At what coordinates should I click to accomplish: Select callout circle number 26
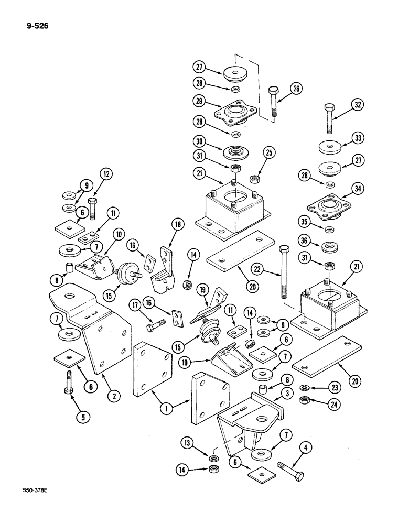297,89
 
